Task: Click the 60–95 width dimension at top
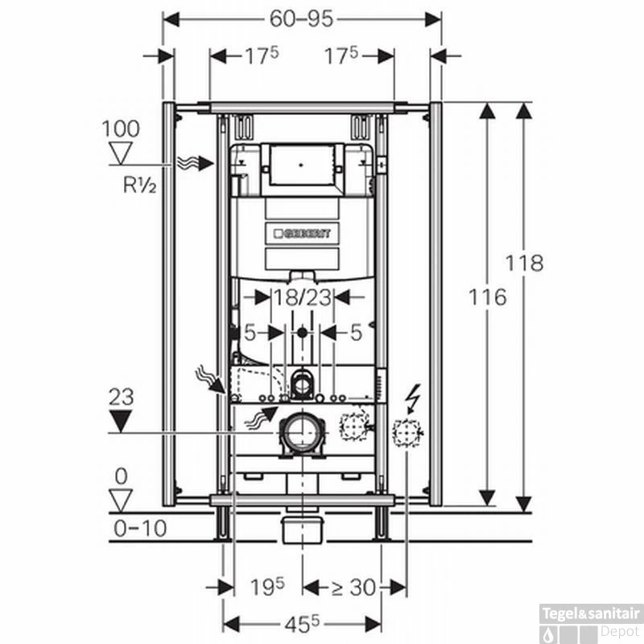302,18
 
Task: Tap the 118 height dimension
525,262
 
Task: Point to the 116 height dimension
488,296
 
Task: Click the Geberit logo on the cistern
302,233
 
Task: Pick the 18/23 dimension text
301,297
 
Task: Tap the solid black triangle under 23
121,420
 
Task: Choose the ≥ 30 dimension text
352,588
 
